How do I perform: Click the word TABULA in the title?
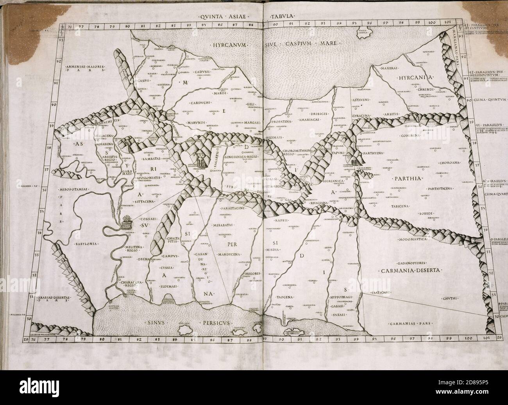(283, 17)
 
